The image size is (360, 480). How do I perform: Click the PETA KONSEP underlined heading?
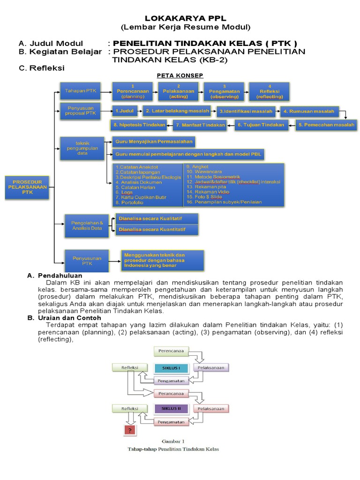(180, 75)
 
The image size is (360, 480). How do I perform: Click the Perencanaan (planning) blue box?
(133, 91)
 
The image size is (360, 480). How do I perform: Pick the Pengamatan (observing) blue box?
(224, 91)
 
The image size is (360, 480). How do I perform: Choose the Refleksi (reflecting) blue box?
(270, 91)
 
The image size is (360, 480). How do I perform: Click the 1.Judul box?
(124, 112)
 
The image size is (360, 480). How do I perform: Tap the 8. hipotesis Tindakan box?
(139, 125)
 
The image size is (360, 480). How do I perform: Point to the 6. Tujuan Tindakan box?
(261, 125)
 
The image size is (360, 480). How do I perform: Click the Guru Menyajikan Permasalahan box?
(154, 142)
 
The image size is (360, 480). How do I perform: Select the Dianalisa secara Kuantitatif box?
(157, 230)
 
